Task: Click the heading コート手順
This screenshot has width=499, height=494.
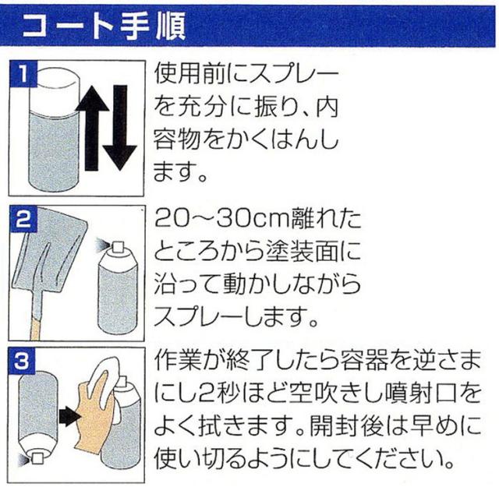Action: pyautogui.click(x=104, y=26)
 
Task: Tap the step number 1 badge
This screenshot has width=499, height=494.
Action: pyautogui.click(x=23, y=74)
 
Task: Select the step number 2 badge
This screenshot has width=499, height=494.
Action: pyautogui.click(x=23, y=218)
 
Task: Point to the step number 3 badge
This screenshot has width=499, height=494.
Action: pyautogui.click(x=23, y=361)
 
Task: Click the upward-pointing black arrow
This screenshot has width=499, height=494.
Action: pyautogui.click(x=92, y=128)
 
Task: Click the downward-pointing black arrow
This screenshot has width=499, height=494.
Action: pyautogui.click(x=119, y=128)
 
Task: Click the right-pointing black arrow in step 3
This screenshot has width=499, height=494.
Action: pyautogui.click(x=69, y=417)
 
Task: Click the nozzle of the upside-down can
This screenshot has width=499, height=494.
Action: pyautogui.click(x=37, y=459)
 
